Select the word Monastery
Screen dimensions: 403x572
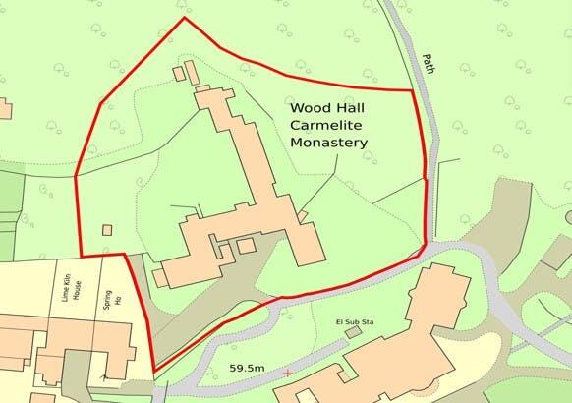(329, 143)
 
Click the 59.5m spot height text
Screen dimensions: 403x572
(246, 367)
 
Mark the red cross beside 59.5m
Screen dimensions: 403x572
(286, 374)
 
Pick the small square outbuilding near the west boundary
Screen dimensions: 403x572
(106, 230)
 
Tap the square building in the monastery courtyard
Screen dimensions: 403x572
(246, 245)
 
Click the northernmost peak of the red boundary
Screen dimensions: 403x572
(184, 18)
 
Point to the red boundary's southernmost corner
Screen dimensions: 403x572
(154, 371)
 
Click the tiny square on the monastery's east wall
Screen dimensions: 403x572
(303, 214)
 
